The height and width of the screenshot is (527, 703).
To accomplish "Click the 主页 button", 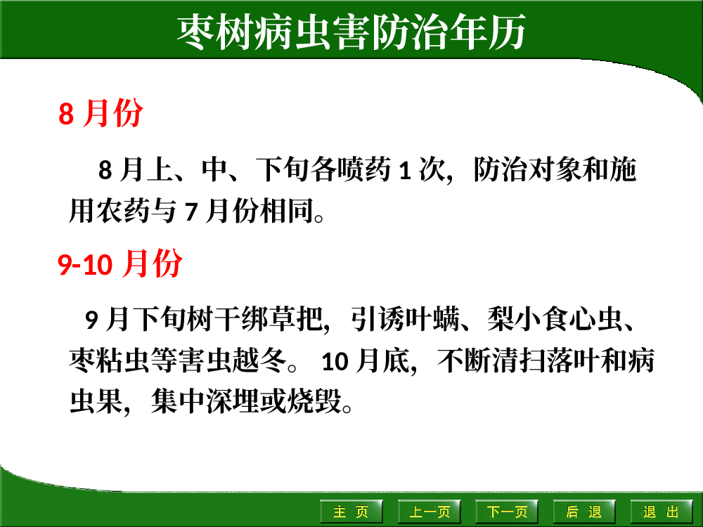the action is click(x=351, y=512).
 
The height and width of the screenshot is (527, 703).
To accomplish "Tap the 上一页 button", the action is click(x=430, y=512).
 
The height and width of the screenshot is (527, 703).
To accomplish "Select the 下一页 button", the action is click(x=507, y=512).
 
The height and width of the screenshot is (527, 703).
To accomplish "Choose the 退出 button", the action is click(x=662, y=512).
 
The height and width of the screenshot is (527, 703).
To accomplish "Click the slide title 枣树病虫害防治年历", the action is click(x=351, y=32).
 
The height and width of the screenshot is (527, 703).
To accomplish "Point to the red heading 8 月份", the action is click(x=101, y=112).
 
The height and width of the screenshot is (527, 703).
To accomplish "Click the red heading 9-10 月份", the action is click(x=120, y=263).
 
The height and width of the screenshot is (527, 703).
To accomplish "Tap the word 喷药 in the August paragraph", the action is click(x=364, y=169).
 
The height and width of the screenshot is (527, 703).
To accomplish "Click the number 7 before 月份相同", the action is click(x=191, y=212).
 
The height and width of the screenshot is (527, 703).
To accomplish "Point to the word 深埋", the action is click(x=233, y=401).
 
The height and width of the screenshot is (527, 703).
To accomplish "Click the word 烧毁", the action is click(x=314, y=401).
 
